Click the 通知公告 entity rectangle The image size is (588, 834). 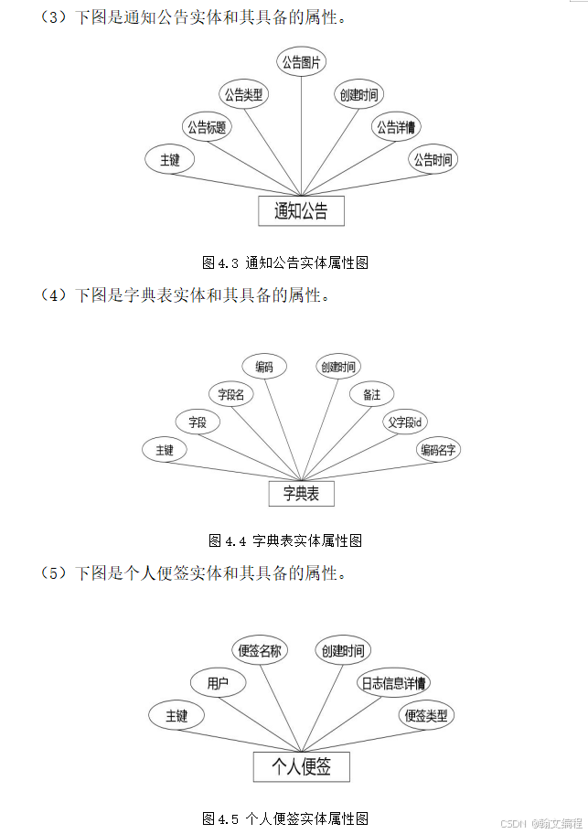pyautogui.click(x=301, y=211)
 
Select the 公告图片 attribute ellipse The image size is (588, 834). pyautogui.click(x=303, y=62)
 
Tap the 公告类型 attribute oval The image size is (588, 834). pyautogui.click(x=244, y=94)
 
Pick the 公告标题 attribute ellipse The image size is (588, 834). pyautogui.click(x=207, y=127)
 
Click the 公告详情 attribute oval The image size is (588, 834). pyautogui.click(x=396, y=126)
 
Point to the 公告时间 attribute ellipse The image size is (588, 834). pyautogui.click(x=433, y=159)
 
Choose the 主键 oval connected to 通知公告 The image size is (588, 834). pyautogui.click(x=170, y=159)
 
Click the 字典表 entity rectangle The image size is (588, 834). pyautogui.click(x=301, y=494)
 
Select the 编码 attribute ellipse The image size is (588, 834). pyautogui.click(x=264, y=367)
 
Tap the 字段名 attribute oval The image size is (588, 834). pyautogui.click(x=230, y=395)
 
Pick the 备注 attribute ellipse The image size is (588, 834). pyautogui.click(x=371, y=394)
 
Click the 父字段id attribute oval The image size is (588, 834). pyautogui.click(x=404, y=422)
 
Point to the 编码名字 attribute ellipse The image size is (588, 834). pyautogui.click(x=439, y=450)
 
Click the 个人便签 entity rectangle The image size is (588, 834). pyautogui.click(x=301, y=766)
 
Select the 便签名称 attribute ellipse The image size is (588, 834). pyautogui.click(x=260, y=651)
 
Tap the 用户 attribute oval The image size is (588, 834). pyautogui.click(x=218, y=683)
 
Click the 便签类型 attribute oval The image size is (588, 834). pyautogui.click(x=427, y=715)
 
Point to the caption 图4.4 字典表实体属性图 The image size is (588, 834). pyautogui.click(x=285, y=540)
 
